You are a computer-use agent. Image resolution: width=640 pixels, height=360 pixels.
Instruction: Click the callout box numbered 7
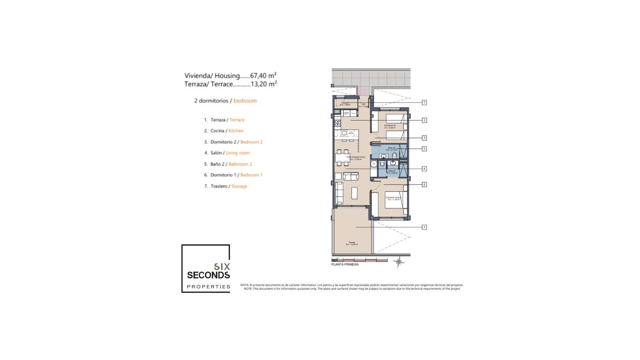point(424,103)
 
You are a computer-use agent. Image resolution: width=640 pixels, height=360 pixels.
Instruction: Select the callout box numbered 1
point(424,227)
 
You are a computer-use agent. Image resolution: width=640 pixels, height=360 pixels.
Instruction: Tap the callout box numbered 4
point(424,169)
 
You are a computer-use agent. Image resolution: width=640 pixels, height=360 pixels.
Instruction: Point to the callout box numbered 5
point(424,149)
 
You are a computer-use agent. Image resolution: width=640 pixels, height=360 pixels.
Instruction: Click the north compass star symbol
point(398,262)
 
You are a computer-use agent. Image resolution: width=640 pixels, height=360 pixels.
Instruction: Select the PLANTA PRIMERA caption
point(345,265)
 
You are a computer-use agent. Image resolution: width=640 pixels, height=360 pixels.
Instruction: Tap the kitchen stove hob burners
point(337,123)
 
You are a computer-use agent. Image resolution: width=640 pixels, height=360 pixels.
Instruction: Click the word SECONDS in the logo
point(208,275)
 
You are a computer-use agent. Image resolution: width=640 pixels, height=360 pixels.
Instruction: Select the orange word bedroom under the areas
point(245,101)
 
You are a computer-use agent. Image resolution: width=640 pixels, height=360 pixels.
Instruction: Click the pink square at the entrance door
point(363,92)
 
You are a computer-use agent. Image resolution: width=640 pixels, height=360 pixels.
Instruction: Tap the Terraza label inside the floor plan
point(352,242)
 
